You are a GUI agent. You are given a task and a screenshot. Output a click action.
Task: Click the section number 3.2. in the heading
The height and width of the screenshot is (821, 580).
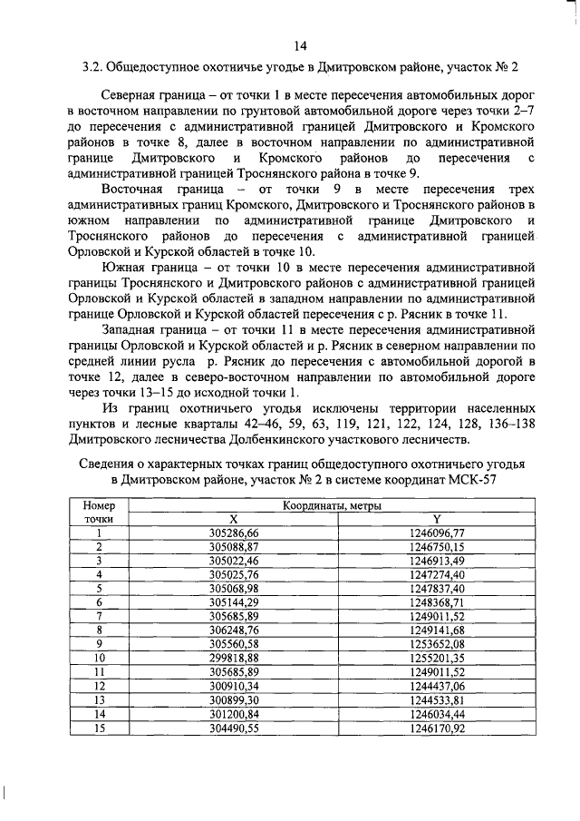(94, 68)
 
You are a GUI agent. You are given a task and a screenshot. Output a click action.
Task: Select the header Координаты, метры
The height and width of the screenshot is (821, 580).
(331, 505)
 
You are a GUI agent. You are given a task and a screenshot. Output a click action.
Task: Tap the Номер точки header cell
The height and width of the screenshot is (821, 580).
(100, 513)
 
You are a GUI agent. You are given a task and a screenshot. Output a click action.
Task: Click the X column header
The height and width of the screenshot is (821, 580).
(233, 519)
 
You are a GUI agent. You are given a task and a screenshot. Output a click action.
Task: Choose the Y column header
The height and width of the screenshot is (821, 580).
(435, 519)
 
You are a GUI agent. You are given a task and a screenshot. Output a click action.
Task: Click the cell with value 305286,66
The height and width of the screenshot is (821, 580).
(233, 533)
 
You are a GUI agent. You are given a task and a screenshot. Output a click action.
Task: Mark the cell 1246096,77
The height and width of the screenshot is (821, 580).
(435, 533)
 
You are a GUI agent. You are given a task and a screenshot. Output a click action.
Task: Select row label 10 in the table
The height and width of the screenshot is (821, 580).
(100, 657)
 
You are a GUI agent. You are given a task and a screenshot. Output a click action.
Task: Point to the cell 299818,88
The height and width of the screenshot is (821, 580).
(233, 657)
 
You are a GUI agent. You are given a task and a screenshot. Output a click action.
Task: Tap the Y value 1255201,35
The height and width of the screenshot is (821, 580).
(435, 657)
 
